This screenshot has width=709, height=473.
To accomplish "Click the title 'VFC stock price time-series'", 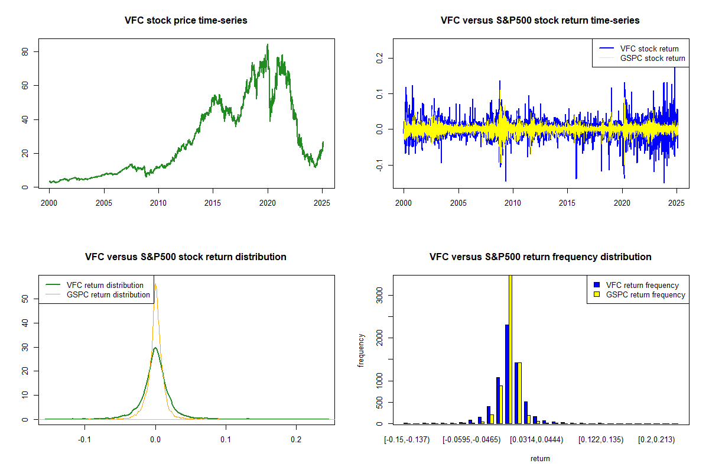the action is point(186,20).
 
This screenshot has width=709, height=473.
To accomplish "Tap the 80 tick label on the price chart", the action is point(25,51).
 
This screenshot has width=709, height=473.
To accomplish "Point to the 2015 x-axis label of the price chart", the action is point(213,203).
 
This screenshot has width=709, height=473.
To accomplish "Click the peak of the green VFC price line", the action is point(268,45).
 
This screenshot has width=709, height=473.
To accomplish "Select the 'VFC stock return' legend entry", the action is point(639,48).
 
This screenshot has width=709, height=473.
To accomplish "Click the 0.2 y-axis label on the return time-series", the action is point(379,59).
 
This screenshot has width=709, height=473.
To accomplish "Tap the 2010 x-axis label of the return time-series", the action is point(513,203).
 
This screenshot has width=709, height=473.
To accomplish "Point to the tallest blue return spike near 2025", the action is point(675,68).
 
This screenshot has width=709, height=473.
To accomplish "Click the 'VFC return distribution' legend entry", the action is point(95,285).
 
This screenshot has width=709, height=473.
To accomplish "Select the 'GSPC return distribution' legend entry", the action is point(98,294).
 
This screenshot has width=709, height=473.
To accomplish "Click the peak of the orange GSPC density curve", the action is point(155,284).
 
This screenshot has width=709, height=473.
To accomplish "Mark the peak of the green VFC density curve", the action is point(155,348).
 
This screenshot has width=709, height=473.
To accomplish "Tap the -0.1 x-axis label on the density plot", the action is point(84,439).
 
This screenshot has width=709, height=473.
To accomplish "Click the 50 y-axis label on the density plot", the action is point(25,299).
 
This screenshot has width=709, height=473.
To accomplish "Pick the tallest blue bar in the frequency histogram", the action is point(507,374).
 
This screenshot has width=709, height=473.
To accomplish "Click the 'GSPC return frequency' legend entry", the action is point(640,294).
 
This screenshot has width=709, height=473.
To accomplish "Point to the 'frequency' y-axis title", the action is point(361,351).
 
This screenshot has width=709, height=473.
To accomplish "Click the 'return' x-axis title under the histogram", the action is point(540,458).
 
